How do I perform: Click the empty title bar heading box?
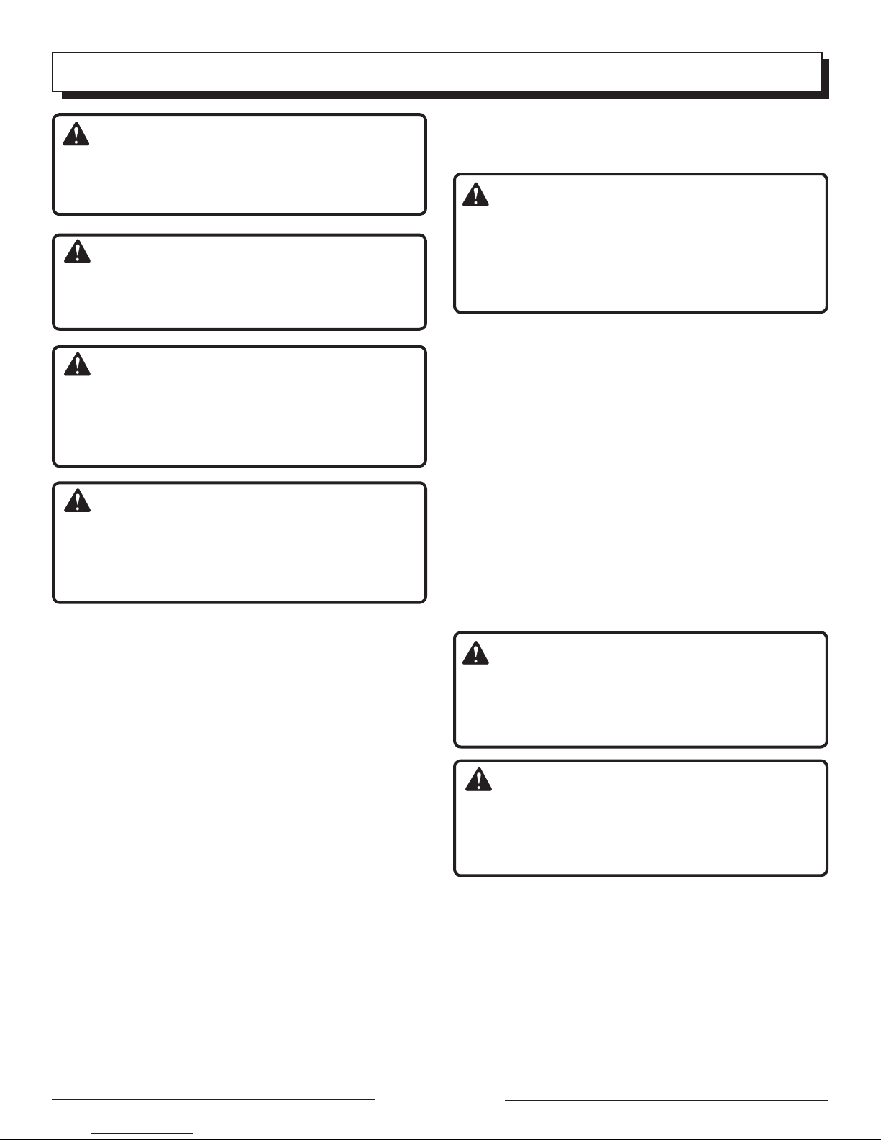[x=437, y=72]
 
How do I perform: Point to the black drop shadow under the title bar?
[x=446, y=95]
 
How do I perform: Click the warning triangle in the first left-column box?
[x=76, y=134]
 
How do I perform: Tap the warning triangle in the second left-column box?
[x=77, y=251]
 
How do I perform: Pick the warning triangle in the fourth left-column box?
[x=77, y=500]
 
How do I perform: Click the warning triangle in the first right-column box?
[x=475, y=195]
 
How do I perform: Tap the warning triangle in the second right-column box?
[x=475, y=652]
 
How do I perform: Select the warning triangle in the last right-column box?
[x=478, y=780]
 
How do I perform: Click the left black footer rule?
[x=214, y=1100]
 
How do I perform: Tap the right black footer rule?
[x=666, y=1100]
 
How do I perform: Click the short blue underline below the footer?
[x=143, y=1134]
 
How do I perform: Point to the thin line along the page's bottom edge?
[x=440, y=1139]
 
